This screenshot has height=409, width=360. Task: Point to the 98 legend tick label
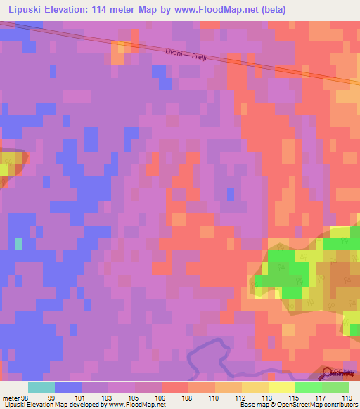coord(25,397)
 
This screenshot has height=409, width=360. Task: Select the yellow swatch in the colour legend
coord(282,387)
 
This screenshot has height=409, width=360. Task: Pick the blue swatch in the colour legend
coord(68,387)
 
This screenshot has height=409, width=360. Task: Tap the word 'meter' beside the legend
coord(10,397)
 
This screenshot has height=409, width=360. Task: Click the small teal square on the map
coord(18,244)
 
